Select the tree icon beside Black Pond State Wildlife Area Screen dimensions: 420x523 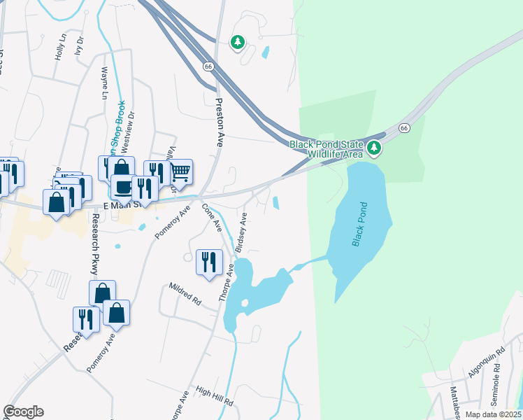click(x=374, y=147)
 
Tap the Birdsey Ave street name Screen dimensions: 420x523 click(x=241, y=232)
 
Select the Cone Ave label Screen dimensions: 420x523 click(x=212, y=218)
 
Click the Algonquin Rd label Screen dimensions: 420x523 click(x=492, y=363)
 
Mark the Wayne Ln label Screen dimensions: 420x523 click(x=105, y=83)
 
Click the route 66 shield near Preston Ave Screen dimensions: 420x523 click(x=208, y=66)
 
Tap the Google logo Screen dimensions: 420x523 click(x=23, y=412)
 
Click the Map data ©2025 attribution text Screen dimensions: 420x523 click(x=493, y=414)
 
